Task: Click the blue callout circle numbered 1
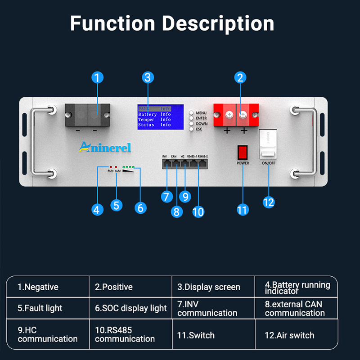97,77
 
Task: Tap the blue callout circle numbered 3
147,77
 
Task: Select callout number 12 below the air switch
268,202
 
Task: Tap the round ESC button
191,129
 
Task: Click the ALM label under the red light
118,171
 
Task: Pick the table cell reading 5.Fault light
48,308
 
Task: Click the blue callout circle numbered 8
177,211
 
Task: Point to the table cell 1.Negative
48,287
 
